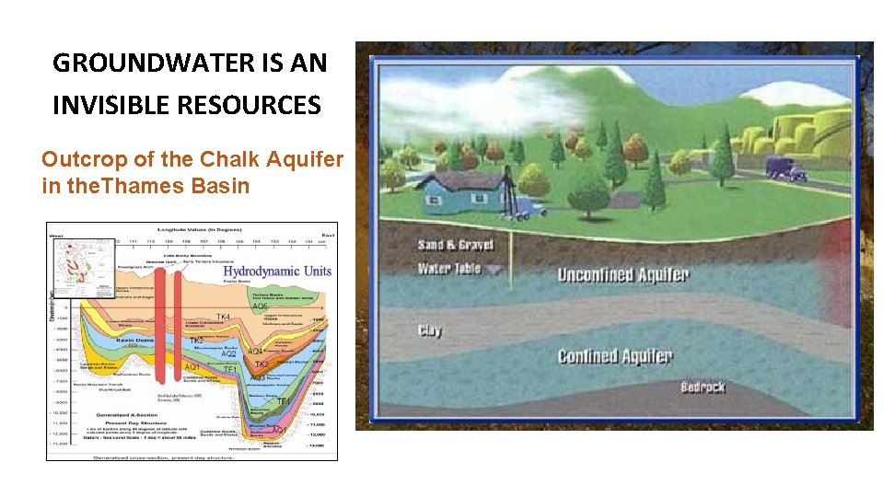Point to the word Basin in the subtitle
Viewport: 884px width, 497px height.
tap(220, 186)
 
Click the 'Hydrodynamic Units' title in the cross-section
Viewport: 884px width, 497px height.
tap(276, 271)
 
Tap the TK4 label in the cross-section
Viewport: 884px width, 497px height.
tap(223, 317)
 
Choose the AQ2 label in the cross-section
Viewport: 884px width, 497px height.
tap(229, 353)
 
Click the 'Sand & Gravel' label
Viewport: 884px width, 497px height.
tap(455, 245)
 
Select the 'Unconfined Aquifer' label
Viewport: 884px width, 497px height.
tap(622, 274)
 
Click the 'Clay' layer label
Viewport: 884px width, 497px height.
tap(429, 330)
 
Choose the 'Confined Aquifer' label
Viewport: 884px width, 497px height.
tap(614, 356)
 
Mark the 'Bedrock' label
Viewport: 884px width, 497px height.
tap(703, 387)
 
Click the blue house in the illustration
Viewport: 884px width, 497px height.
tap(458, 194)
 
